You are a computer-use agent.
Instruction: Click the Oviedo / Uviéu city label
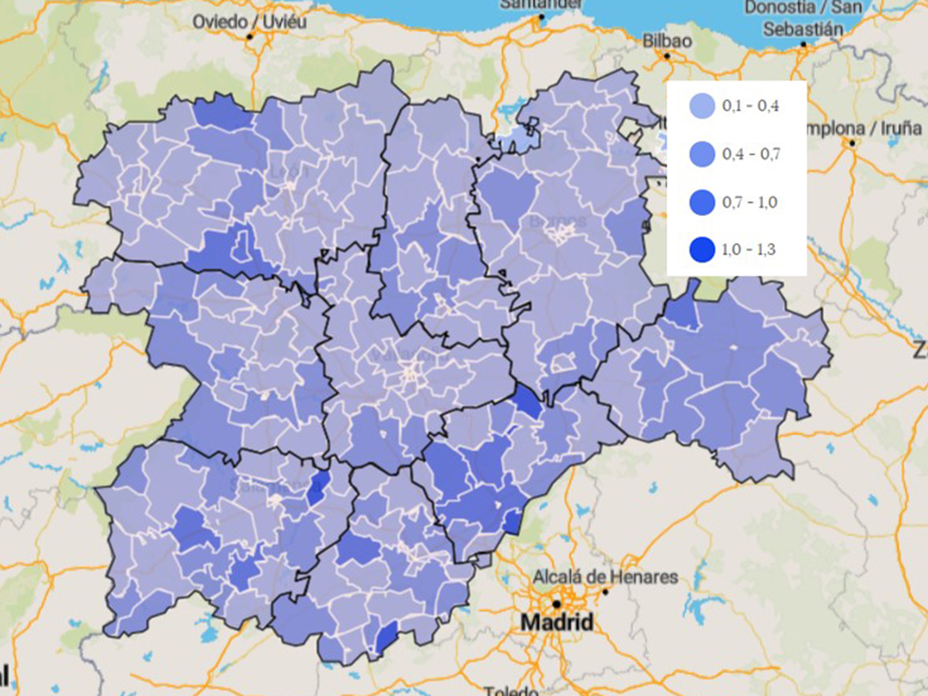point(250,20)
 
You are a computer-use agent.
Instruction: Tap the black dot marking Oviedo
point(249,36)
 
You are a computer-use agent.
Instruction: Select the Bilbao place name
point(667,41)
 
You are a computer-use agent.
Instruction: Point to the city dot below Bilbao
point(667,56)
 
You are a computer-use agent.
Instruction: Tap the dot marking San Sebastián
point(803,44)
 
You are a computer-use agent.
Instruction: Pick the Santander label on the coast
point(540,4)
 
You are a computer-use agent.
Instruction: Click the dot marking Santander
point(540,17)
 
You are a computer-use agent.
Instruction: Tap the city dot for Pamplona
point(851,143)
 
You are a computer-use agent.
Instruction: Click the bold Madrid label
point(556,623)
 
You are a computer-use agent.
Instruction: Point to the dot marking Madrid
point(556,603)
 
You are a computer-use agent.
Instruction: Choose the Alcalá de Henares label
point(605,576)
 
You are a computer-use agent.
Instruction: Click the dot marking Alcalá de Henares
point(604,591)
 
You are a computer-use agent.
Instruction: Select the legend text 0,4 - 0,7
point(750,154)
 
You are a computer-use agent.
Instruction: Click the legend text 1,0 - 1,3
point(750,250)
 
